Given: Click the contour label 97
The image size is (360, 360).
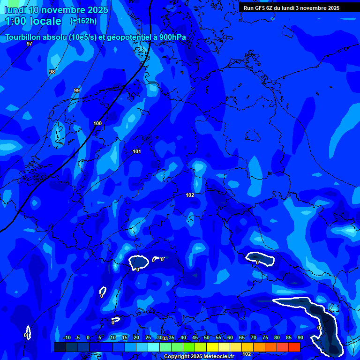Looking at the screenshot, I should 30,44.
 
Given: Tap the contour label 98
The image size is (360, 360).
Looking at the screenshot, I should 52,72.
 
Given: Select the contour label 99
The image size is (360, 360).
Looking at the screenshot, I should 77,90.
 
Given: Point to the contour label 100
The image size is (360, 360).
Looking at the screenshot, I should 97,123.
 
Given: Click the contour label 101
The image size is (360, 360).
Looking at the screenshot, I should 136,151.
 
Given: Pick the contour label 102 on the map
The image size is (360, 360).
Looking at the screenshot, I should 190,195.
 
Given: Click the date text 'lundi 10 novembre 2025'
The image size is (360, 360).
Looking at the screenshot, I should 56,10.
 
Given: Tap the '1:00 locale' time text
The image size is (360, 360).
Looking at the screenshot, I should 33,21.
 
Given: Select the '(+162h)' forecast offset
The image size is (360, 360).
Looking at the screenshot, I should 83,21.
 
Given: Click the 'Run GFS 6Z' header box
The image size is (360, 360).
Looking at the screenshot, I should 292,8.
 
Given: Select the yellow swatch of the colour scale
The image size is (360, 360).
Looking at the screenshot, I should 212,347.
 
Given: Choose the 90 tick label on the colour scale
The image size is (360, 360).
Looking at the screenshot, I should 300,338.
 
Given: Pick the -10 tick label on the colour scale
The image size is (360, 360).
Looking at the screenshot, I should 67,338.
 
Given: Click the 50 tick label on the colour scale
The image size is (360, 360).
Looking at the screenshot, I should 207,338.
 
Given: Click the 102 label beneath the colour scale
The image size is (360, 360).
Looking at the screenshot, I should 247,354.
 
